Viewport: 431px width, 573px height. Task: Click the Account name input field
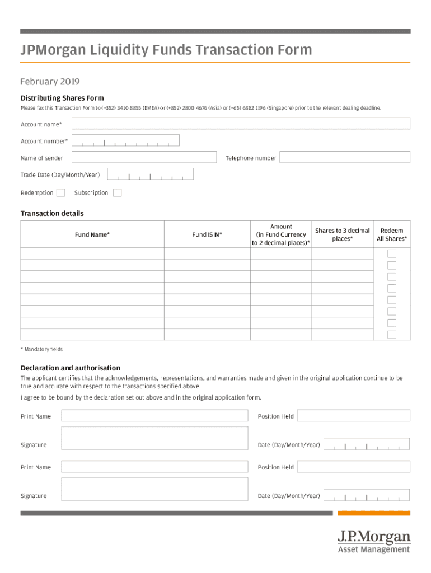point(241,124)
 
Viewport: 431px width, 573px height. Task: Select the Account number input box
point(125,140)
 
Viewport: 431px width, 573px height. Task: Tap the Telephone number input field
point(345,157)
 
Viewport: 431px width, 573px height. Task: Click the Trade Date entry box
point(150,175)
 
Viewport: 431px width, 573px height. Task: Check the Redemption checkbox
point(61,193)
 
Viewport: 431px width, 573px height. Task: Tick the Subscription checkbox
point(117,193)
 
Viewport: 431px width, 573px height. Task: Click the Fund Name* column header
point(92,235)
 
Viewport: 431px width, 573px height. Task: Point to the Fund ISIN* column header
point(207,235)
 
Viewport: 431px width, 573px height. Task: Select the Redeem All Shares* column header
point(392,235)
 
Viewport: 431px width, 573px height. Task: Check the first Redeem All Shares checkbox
point(392,253)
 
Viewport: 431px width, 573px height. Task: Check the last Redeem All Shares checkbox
point(392,335)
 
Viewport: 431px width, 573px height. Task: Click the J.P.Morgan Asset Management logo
point(373,542)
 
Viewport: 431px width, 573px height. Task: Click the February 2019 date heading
point(50,82)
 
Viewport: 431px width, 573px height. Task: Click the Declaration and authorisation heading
point(71,368)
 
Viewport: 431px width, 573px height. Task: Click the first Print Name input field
point(154,415)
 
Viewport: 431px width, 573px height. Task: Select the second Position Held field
point(353,467)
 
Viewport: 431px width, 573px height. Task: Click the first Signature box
point(154,438)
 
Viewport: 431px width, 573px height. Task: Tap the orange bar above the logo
point(374,513)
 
